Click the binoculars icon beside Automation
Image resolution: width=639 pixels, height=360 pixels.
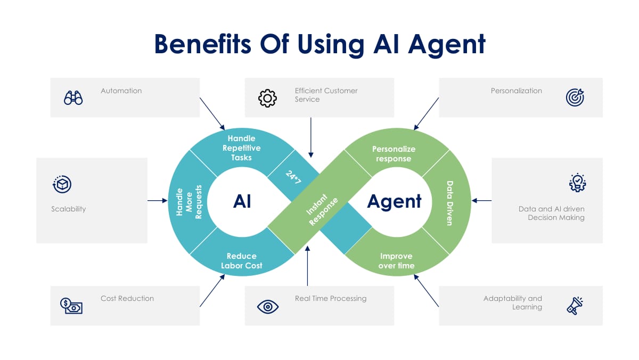(x=73, y=97)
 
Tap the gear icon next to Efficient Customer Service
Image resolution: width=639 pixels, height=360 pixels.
(x=267, y=97)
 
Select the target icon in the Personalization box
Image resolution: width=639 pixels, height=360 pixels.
(x=575, y=97)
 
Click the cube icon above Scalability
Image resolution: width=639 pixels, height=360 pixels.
(x=62, y=184)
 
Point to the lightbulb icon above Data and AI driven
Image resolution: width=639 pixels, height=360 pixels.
(x=577, y=183)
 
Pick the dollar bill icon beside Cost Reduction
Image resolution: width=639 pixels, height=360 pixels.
(x=71, y=306)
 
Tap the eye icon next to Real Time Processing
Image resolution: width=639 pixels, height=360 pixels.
(x=267, y=306)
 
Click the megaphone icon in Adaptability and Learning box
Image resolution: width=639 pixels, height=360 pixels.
(x=575, y=306)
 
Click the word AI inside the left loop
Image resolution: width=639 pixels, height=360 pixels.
(x=242, y=201)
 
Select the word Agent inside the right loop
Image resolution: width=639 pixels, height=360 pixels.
(x=395, y=201)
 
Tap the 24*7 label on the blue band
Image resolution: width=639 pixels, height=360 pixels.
(x=293, y=177)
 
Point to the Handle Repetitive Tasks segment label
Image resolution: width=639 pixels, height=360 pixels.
(x=241, y=148)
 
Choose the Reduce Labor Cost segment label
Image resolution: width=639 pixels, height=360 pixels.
(x=241, y=260)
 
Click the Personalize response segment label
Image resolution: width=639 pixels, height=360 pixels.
(x=394, y=153)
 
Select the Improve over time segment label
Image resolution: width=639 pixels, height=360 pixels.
(x=396, y=260)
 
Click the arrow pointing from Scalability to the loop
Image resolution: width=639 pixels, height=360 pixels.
(x=157, y=201)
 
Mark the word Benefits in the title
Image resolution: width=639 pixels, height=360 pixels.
(x=202, y=44)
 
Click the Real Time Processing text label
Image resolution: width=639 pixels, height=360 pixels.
(x=331, y=298)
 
